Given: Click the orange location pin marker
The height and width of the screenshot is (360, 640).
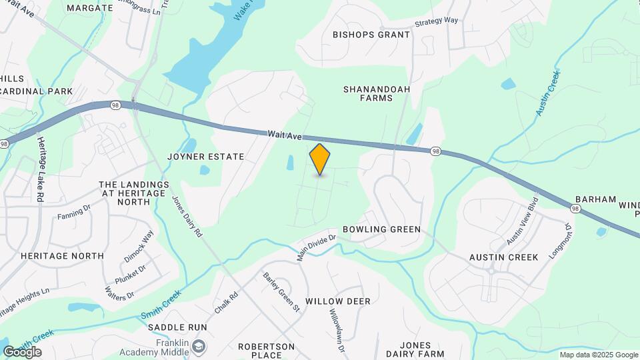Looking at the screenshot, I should coord(320,159).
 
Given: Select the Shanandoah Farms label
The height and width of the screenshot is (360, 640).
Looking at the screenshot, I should coord(377,93).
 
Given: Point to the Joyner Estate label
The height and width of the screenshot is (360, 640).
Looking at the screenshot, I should coord(206,157).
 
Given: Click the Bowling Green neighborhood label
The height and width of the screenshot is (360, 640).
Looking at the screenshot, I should coord(381,229).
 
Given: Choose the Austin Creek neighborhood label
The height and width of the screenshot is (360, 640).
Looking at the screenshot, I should coord(503,257).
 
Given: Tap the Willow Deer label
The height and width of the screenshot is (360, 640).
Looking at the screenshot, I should coord(337,301).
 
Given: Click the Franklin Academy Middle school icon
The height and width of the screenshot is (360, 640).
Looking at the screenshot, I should coord(199,346).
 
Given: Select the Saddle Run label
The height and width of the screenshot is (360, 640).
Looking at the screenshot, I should coord(177,327).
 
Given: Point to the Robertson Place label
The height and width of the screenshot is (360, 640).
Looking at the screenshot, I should coord(266,351).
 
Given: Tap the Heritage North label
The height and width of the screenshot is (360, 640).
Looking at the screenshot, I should coord(62,255).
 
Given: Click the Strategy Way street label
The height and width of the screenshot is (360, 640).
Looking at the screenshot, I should coord(437,21).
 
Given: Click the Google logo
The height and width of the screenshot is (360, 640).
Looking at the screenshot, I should coord(22,352).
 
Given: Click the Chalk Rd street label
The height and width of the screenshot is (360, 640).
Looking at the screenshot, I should coord(226,305).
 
